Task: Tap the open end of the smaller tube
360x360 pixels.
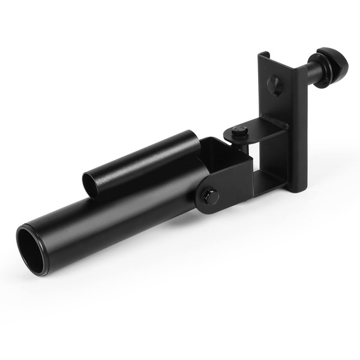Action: click(91, 181)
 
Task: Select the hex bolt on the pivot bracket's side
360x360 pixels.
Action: click(209, 195)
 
